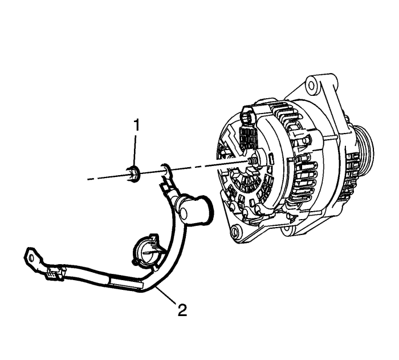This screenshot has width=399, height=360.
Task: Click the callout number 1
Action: click(x=137, y=124)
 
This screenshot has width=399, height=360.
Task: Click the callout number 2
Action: click(x=182, y=310)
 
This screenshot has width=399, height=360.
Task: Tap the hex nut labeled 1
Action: click(x=133, y=174)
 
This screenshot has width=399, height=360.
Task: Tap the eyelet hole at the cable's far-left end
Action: click(x=31, y=258)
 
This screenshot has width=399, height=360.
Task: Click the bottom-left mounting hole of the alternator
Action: click(x=235, y=231)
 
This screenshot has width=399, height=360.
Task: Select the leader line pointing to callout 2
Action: click(x=166, y=294)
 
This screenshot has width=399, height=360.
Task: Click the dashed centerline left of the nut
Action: click(x=107, y=177)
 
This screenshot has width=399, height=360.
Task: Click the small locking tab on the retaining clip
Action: click(x=153, y=239)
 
